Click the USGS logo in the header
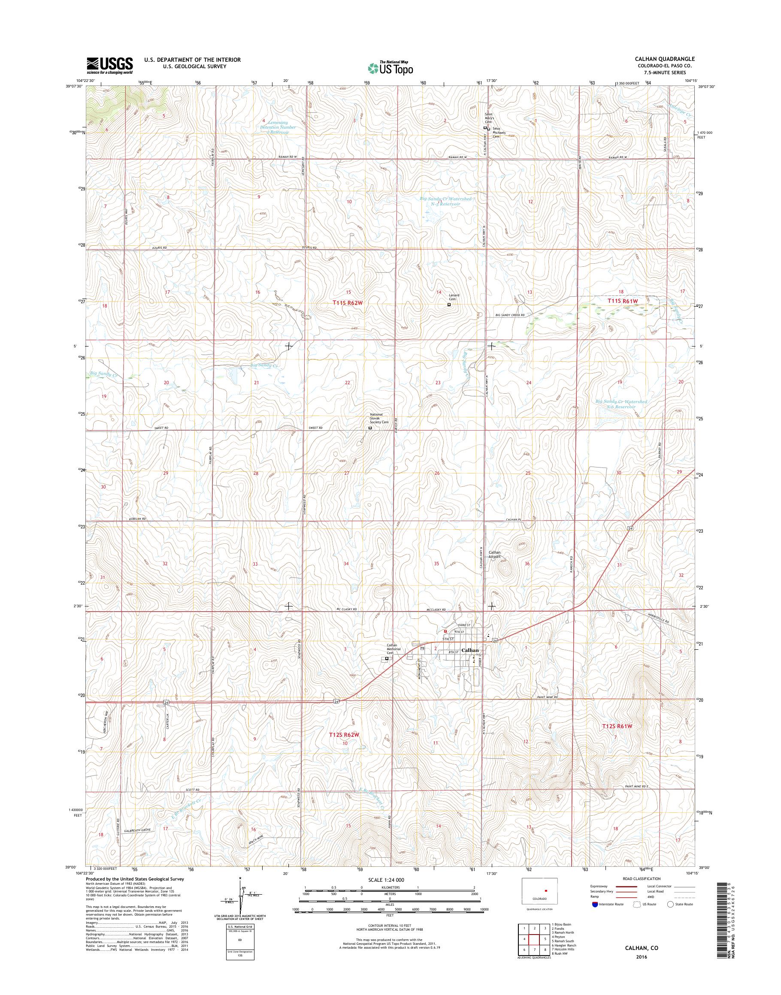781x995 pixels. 110,66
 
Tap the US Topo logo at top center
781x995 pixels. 390,68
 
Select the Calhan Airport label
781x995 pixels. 495,555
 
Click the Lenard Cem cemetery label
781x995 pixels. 454,298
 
